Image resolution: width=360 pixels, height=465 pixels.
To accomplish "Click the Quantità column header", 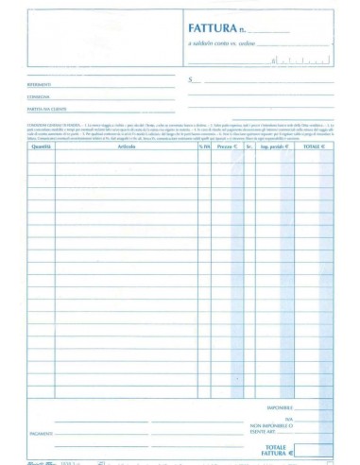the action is point(41,147).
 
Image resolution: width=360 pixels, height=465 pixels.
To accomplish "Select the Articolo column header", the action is point(127,147).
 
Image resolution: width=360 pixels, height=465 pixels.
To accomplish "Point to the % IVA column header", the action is point(204,147).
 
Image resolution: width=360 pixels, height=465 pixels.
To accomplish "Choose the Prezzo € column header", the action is point(227,147).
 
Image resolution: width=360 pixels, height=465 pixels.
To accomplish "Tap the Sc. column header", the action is point(249,147).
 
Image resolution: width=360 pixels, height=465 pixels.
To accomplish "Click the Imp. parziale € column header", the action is point(273,147).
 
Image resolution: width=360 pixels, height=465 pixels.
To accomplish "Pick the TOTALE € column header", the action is point(313,147).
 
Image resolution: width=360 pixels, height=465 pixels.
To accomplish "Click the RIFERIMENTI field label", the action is point(41,86).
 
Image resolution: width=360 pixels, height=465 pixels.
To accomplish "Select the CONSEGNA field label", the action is point(40,97).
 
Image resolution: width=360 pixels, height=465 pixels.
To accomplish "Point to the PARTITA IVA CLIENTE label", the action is point(46,110).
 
